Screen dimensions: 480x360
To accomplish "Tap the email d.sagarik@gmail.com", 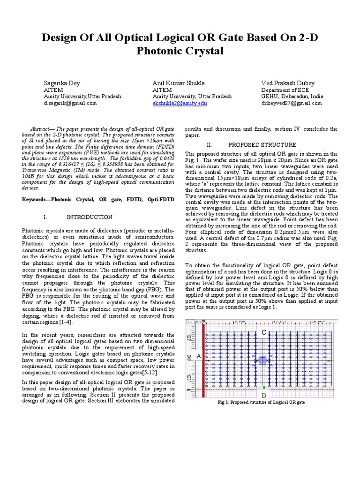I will tap(70, 103).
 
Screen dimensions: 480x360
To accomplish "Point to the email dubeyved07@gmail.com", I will tap(292, 103).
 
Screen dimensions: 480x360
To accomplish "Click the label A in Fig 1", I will tap(199, 356).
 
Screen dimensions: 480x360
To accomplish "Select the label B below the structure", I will tap(264, 396).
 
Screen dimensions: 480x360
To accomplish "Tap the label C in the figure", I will tap(264, 332).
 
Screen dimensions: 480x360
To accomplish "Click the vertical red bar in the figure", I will tap(203, 356).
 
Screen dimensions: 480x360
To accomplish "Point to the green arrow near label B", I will tap(264, 387).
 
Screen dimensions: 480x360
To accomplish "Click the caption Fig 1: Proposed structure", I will tap(262, 403).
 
